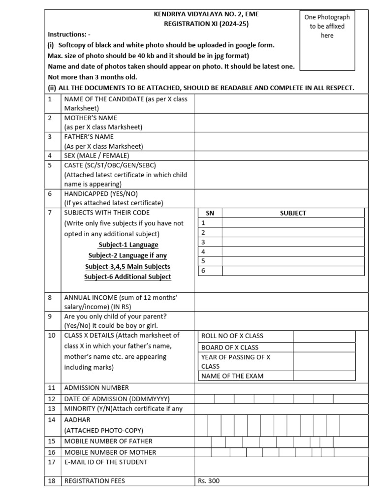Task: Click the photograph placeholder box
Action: point(327,40)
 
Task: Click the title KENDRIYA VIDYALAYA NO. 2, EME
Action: point(206,14)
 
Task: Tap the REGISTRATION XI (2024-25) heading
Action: point(206,24)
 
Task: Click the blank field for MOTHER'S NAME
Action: point(281,123)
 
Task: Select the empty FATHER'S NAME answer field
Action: point(281,141)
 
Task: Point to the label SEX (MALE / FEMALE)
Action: point(96,156)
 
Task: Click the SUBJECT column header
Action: point(293,213)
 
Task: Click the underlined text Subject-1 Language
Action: point(128,245)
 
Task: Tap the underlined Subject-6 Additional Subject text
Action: point(127,277)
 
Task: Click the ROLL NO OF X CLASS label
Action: point(232,336)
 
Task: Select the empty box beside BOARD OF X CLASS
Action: point(324,347)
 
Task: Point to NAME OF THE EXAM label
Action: point(232,376)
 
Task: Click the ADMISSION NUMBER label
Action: point(96,388)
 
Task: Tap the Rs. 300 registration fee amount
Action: point(209,481)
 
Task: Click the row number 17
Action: point(52,462)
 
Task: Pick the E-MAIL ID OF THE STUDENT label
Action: point(106,462)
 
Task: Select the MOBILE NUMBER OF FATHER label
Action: point(108,441)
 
